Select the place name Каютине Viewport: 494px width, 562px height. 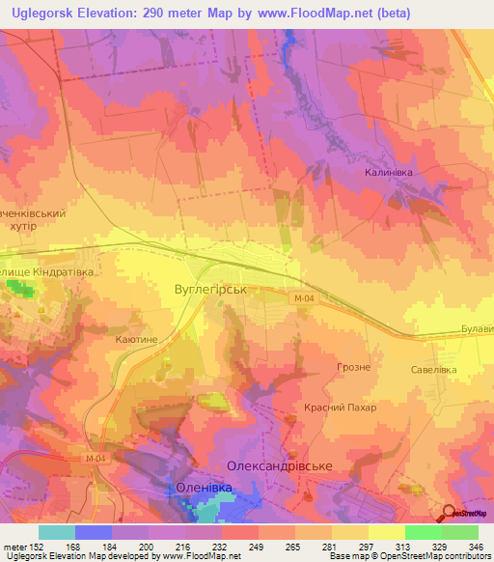(x=136, y=340)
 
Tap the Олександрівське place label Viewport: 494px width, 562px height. (x=279, y=465)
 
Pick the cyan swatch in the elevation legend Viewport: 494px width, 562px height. (x=57, y=532)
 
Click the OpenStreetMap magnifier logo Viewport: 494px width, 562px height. (x=450, y=512)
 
